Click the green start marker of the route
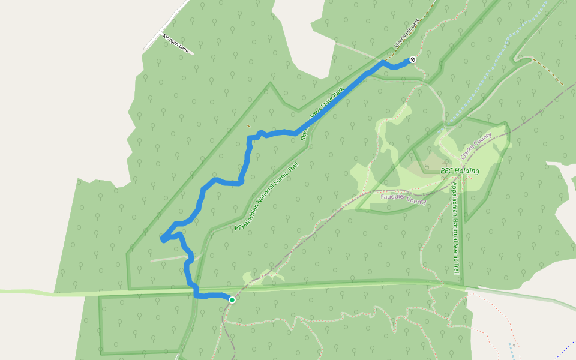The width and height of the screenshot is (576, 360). click(x=232, y=299)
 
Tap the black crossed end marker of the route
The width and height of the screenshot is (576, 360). click(x=413, y=59)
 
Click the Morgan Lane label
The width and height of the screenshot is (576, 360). click(x=176, y=44)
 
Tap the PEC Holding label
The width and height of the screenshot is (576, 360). click(x=460, y=171)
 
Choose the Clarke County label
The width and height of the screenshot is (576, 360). click(x=476, y=146)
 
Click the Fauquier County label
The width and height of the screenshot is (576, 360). click(x=404, y=199)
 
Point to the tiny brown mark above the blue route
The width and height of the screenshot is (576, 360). click(x=249, y=126)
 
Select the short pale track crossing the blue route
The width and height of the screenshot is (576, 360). click(x=171, y=259)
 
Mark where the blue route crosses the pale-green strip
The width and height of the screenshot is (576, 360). click(x=195, y=292)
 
